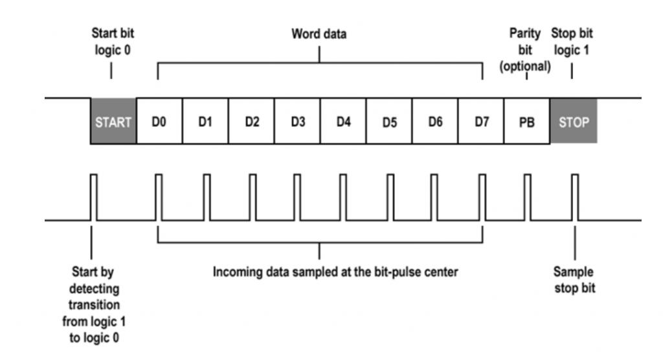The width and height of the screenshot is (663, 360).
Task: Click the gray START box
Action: click(113, 122)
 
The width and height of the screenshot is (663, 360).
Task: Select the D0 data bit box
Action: click(159, 122)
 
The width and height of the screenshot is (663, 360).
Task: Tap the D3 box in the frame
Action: click(297, 122)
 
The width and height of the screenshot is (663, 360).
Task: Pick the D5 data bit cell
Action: click(389, 122)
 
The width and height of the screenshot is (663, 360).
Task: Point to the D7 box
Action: click(481, 122)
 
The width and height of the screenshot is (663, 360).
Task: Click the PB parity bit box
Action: click(527, 122)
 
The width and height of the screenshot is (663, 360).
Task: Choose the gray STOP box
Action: click(574, 122)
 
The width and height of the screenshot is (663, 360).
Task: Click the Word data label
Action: click(319, 34)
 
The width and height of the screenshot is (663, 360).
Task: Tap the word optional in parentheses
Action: click(525, 67)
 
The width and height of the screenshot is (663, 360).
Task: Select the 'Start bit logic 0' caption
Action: click(113, 41)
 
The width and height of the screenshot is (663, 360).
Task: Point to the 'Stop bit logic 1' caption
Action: click(572, 41)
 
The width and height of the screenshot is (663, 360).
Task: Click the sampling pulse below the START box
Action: click(93, 197)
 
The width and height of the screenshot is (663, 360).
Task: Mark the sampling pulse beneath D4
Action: click(343, 197)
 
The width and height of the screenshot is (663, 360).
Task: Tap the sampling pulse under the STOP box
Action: click(575, 197)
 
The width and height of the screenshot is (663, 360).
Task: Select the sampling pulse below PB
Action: click(527, 197)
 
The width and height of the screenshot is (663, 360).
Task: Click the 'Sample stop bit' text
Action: click(574, 280)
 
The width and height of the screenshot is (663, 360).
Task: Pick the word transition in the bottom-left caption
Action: click(94, 305)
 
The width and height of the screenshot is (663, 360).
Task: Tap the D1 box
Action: click(205, 122)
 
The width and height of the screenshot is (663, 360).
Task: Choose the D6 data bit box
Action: click(435, 122)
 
